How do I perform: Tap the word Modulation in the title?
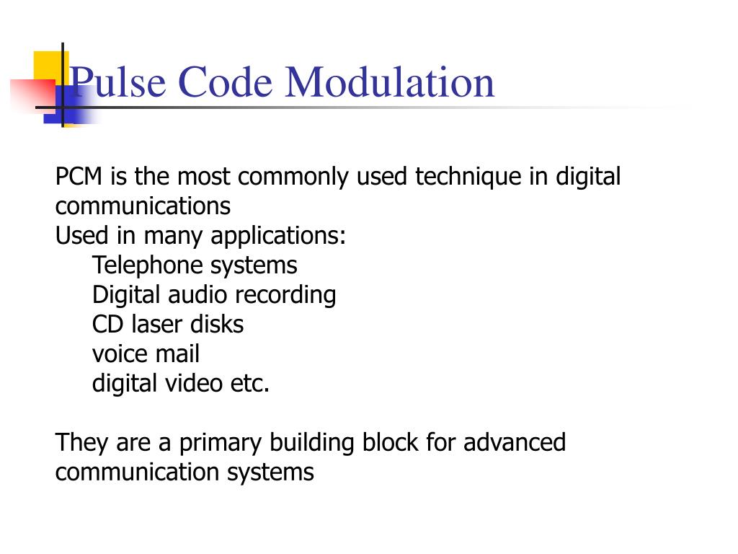pyautogui.click(x=390, y=82)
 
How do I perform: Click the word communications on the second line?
pyautogui.click(x=143, y=206)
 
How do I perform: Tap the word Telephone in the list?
pyautogui.click(x=148, y=265)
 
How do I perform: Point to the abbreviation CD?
pyautogui.click(x=104, y=325)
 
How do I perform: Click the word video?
pyautogui.click(x=192, y=384)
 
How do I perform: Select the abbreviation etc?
pyautogui.click(x=250, y=384)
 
